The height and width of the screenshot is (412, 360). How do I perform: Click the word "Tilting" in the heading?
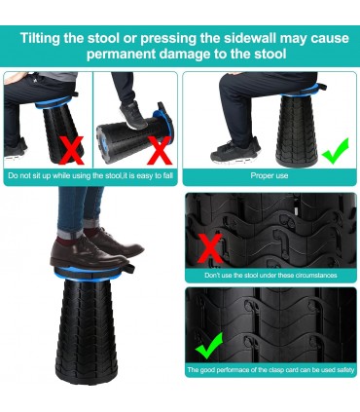40,38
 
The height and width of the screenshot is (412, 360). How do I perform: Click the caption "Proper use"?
270,175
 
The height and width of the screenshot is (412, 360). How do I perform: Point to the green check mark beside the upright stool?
335,151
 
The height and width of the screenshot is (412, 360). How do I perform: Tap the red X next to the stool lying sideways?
159,150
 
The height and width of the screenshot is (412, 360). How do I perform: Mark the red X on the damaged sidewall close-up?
211,248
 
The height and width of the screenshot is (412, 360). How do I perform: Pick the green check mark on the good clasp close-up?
208,345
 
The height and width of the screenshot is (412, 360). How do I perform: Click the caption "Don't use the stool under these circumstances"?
270,276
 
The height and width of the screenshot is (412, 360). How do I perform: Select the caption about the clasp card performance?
270,370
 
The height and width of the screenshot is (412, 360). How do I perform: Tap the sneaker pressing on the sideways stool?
132,114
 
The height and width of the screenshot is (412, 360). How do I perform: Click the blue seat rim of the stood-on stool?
87,274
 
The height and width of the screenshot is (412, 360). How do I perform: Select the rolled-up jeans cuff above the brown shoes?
69,233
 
